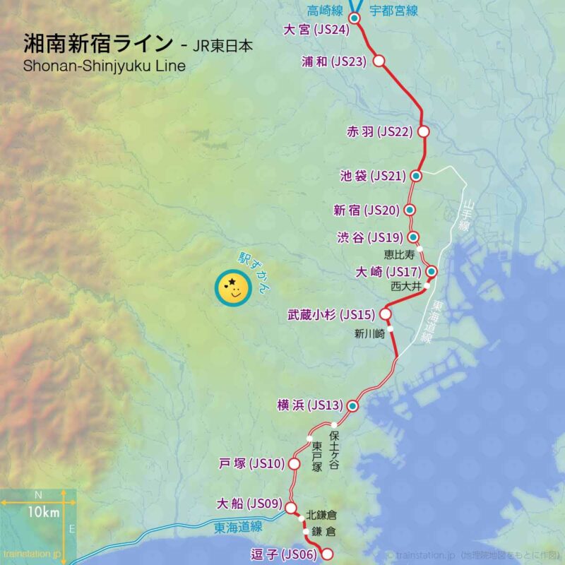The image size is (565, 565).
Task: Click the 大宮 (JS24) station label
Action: click(316, 30)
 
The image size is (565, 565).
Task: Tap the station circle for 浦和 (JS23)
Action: click(379, 61)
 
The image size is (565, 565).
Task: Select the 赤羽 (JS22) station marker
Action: click(424, 131)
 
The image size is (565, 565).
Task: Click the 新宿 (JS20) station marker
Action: click(409, 210)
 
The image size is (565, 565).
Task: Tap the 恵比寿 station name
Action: click(399, 252)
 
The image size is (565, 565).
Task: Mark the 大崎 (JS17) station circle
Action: click(432, 271)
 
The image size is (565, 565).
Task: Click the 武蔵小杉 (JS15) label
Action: click(331, 314)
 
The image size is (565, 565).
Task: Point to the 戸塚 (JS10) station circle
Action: click(294, 464)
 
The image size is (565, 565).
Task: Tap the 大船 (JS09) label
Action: click(249, 504)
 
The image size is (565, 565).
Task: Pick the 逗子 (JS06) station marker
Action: click(326, 554)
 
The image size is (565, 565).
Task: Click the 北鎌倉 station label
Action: click(321, 516)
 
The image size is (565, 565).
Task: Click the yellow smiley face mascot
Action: click(232, 289)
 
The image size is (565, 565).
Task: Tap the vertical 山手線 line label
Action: click(465, 215)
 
